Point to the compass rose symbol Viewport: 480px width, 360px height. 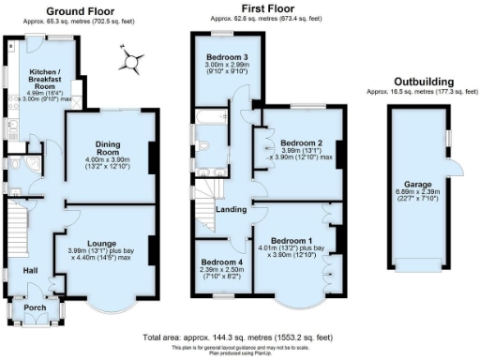pyautogui.click(x=131, y=63)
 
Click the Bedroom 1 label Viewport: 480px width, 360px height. pyautogui.click(x=290, y=240)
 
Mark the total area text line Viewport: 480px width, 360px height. pyautogui.click(x=238, y=336)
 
